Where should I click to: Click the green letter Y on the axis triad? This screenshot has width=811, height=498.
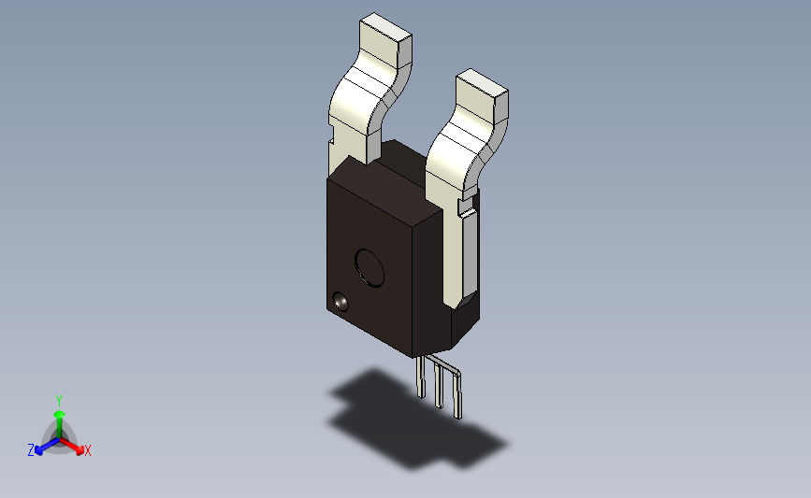tap(59, 401)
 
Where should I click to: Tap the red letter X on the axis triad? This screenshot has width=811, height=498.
tap(88, 450)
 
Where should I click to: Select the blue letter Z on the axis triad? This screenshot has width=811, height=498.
tap(31, 450)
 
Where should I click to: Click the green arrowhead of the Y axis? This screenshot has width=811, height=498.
tap(60, 414)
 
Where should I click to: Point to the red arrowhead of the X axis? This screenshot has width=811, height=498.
tap(80, 450)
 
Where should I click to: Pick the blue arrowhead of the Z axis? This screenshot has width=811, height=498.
tap(39, 450)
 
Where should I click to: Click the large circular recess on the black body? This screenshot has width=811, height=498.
tap(369, 268)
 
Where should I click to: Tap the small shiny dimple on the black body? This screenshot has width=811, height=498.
tap(340, 301)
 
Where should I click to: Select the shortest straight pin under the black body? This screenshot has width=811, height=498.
tap(421, 377)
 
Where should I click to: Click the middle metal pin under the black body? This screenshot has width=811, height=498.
tap(439, 385)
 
